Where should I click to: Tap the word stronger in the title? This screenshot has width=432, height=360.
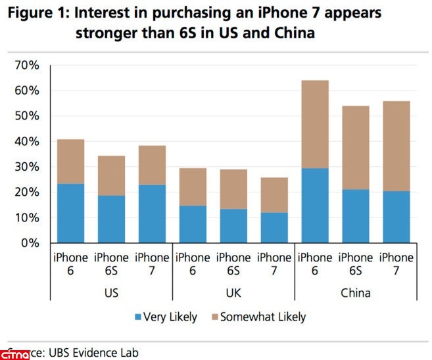pyautogui.click(x=120, y=33)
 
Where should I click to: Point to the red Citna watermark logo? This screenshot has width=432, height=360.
pyautogui.click(x=14, y=355)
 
